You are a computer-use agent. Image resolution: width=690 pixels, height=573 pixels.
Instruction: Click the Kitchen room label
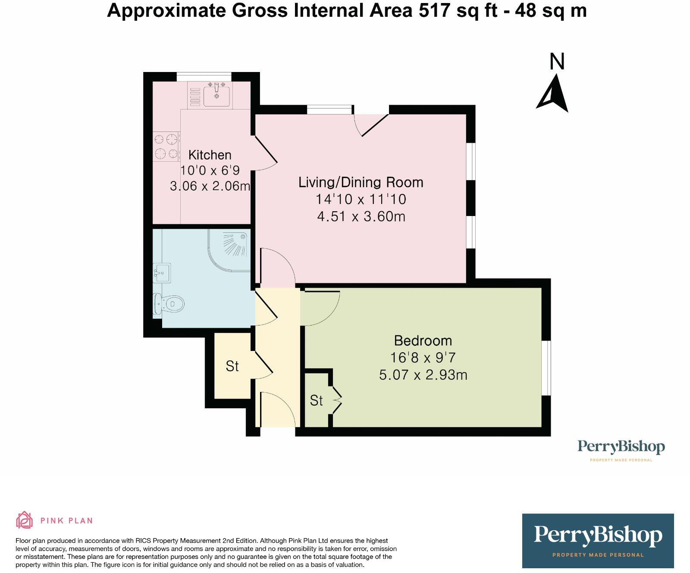pyautogui.click(x=210, y=155)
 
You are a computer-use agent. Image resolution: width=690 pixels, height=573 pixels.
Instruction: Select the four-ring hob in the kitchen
pyautogui.click(x=166, y=146)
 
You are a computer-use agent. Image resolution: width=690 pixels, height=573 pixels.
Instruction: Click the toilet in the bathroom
pyautogui.click(x=169, y=304)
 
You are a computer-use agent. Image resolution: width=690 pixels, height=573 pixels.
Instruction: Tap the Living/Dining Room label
pyautogui.click(x=361, y=182)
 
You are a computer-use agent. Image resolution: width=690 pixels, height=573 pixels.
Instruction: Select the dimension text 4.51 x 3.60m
pyautogui.click(x=361, y=216)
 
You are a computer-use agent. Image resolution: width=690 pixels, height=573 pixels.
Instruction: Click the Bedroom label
pyautogui.click(x=423, y=341)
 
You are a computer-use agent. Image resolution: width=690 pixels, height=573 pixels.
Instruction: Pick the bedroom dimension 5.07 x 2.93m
pyautogui.click(x=423, y=375)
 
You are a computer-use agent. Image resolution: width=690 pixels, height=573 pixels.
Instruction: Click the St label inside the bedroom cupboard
pyautogui.click(x=316, y=401)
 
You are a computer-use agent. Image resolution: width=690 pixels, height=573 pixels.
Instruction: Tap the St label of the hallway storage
pyautogui.click(x=232, y=366)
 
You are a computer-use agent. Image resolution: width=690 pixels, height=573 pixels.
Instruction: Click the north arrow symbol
pyautogui.click(x=552, y=94)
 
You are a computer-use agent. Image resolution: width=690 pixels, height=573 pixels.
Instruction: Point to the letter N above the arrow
pyautogui.click(x=557, y=62)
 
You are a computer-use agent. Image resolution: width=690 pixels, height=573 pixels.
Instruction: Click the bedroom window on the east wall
pyautogui.click(x=546, y=368)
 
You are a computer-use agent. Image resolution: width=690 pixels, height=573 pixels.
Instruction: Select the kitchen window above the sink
pyautogui.click(x=204, y=77)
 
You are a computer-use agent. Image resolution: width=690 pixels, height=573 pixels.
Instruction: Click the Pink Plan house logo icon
pyautogui.click(x=24, y=520)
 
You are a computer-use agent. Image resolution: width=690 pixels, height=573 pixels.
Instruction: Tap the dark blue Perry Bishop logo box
pyautogui.click(x=598, y=540)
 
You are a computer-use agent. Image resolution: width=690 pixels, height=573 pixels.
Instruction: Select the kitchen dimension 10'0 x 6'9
pyautogui.click(x=210, y=170)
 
